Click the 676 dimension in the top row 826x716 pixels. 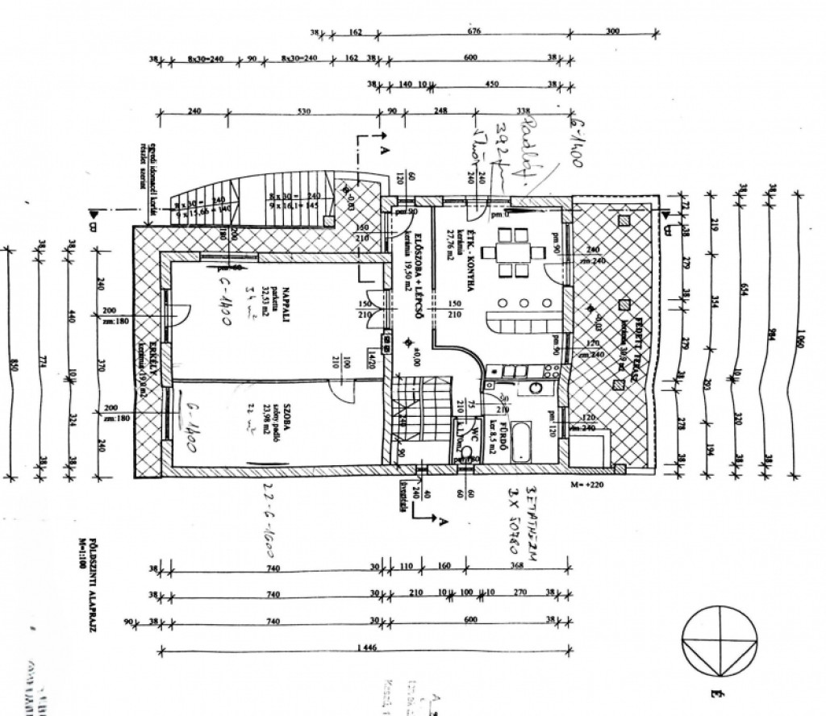473,32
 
